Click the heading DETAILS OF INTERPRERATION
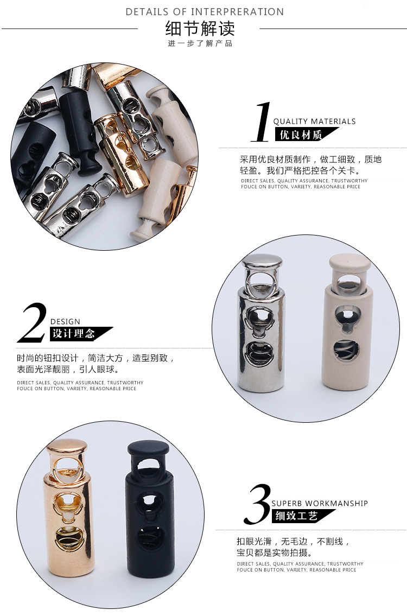click(x=205, y=11)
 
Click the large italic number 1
click(x=263, y=122)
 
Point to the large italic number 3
click(x=257, y=505)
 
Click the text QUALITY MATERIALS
click(x=314, y=121)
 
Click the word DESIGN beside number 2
click(x=65, y=321)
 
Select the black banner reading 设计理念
click(x=76, y=334)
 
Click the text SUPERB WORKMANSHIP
click(x=320, y=503)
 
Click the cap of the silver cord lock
click(x=263, y=262)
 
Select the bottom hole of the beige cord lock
click(x=347, y=351)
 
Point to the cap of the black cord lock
click(x=148, y=448)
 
